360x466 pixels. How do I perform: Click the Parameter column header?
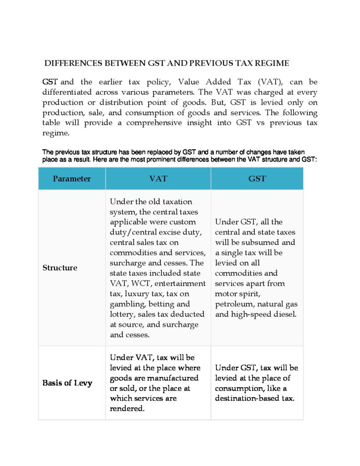click(71, 179)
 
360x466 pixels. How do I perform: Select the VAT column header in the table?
click(158, 179)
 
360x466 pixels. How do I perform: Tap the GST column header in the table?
click(257, 179)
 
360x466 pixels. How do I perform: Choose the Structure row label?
click(60, 268)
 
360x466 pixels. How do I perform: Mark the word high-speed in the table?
click(252, 314)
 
